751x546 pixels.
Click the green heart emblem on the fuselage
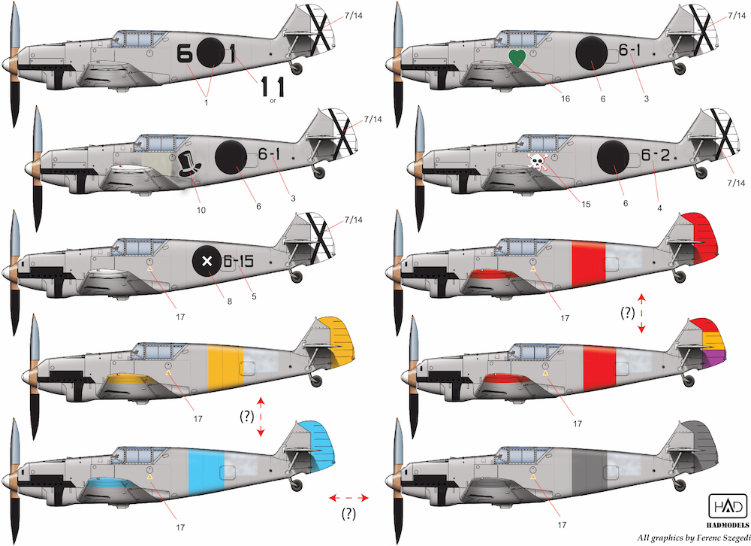click(x=517, y=58)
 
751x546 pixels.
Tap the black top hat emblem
click(x=190, y=164)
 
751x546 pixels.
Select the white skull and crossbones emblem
click(x=538, y=162)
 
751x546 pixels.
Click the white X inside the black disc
click(x=207, y=262)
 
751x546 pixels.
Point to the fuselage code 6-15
click(x=238, y=261)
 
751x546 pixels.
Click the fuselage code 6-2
click(x=655, y=155)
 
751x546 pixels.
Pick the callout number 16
click(x=566, y=99)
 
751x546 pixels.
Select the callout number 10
click(x=201, y=210)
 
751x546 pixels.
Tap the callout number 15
click(x=586, y=205)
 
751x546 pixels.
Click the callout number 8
click(x=230, y=302)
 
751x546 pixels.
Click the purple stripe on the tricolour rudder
click(x=715, y=359)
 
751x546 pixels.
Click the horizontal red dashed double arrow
click(x=348, y=498)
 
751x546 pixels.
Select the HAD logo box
click(x=728, y=505)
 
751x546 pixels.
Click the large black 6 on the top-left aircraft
click(x=185, y=53)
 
